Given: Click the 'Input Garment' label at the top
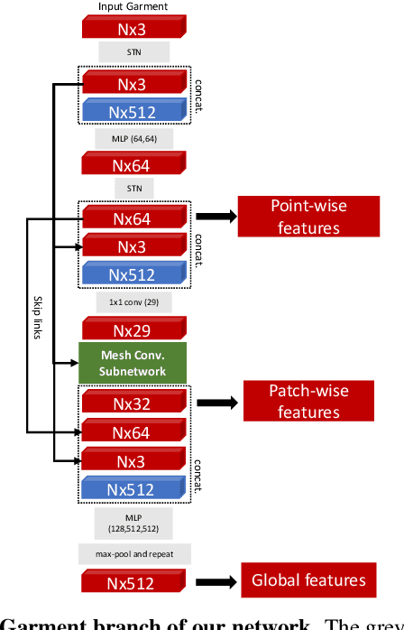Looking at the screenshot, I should pos(133,6).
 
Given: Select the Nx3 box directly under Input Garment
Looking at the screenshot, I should pos(133,27).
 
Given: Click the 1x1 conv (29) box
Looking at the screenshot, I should pos(133,301).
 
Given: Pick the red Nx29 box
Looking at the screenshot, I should pos(133,327).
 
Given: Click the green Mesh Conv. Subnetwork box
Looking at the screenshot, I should pos(133,362).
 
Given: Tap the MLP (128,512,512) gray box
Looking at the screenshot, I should pos(133,521).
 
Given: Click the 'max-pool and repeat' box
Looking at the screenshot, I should pos(133,552).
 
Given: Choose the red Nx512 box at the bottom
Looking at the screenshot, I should pos(133,580).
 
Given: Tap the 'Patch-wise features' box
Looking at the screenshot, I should pos(308,402).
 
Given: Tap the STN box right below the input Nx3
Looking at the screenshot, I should pos(133,52).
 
